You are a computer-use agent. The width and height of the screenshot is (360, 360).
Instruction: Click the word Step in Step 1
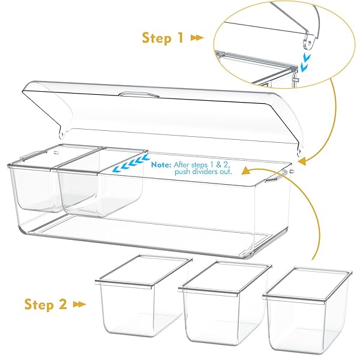[x=157, y=38]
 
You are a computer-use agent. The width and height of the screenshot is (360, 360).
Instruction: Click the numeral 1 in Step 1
[x=179, y=37]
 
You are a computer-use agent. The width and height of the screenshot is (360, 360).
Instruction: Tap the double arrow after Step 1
[x=197, y=38]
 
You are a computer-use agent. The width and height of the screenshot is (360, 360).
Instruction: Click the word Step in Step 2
[x=39, y=305]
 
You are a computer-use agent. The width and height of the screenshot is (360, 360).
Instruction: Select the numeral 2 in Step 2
[x=62, y=304]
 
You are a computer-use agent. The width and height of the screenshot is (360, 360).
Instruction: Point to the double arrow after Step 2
[x=79, y=305]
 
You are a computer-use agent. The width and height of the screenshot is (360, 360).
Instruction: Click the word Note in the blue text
[x=161, y=164]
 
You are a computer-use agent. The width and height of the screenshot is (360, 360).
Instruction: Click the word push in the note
[x=183, y=172]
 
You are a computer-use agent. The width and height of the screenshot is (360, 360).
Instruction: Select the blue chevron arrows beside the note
[x=131, y=163]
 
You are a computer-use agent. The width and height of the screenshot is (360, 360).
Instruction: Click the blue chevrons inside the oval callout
[x=305, y=61]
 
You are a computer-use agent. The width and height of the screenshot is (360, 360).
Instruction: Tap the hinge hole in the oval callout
[x=309, y=43]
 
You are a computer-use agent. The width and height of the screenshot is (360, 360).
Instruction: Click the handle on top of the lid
[x=139, y=94]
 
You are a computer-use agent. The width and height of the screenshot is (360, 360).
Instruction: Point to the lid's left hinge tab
[x=62, y=133]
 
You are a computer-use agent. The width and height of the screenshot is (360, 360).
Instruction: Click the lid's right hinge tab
[x=299, y=151]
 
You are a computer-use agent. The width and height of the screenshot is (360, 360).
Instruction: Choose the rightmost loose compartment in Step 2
[x=307, y=312]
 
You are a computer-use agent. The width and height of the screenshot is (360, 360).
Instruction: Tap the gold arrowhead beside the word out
[x=246, y=171]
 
